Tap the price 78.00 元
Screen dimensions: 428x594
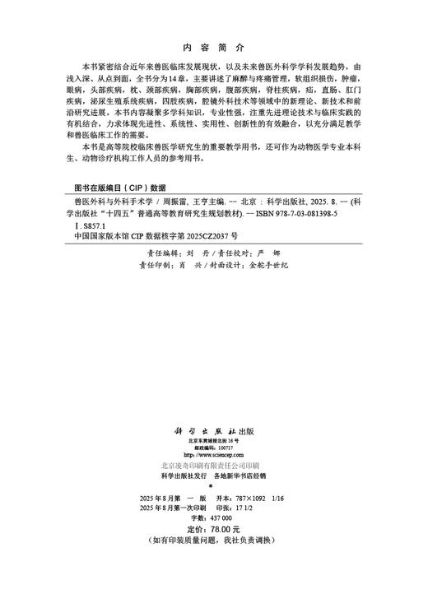(x=226, y=528)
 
